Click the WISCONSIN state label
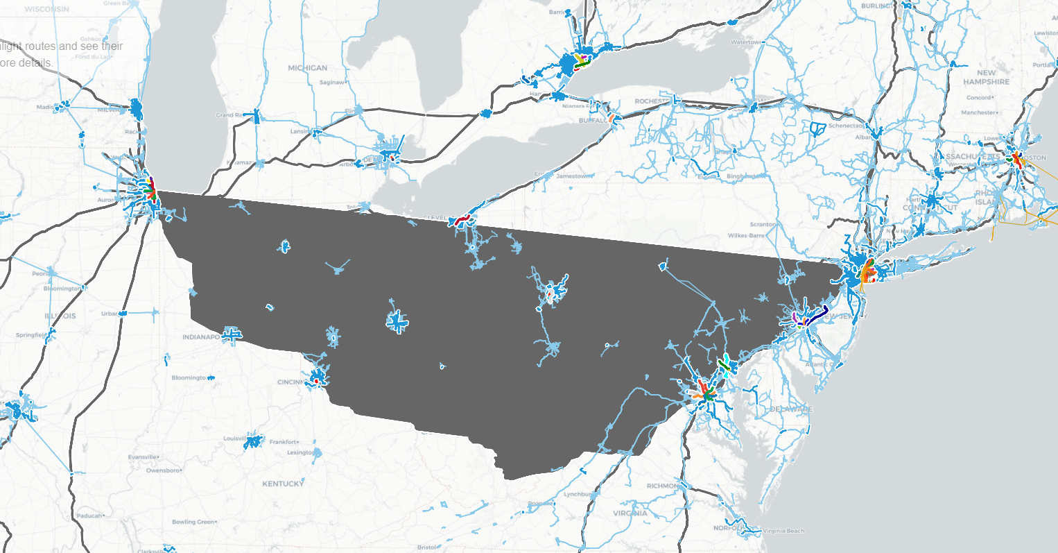[x=46, y=9]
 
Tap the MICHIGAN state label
[x=307, y=68]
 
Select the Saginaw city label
[x=331, y=83]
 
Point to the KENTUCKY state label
[x=283, y=484]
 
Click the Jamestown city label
[x=575, y=176]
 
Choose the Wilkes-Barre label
[x=747, y=236]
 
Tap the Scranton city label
[x=762, y=224]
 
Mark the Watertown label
[x=745, y=42]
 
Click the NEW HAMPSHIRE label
[x=986, y=77]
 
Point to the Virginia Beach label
[x=783, y=531]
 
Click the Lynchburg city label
[x=577, y=494]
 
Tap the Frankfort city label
[x=283, y=441]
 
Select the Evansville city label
[x=143, y=457]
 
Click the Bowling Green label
[x=193, y=522]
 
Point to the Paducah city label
[x=89, y=516]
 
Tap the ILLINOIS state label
[x=60, y=316]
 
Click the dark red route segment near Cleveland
[x=462, y=221]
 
